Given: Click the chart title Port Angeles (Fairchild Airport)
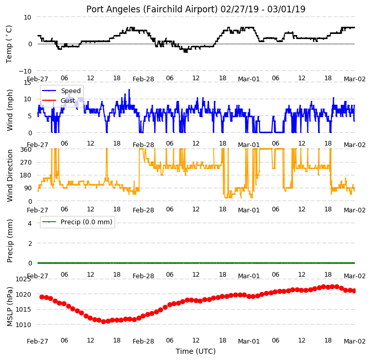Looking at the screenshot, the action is coord(152,9).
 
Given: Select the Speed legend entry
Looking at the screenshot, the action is coord(61,91).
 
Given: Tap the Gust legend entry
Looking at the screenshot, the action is coord(58,101).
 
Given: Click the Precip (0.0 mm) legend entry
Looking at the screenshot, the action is coord(77,222).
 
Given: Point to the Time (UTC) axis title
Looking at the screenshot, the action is coord(196,351).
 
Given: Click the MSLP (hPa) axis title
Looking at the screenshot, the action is coord(10,307).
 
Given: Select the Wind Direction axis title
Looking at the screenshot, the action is coord(10,175).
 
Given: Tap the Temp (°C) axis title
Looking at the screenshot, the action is coord(9,44).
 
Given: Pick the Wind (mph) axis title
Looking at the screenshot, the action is coord(10,110).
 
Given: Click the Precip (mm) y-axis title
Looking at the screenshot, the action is coord(10,241).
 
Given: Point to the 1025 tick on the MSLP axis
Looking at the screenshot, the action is coord(23,279).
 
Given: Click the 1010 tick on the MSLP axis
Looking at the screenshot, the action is coord(23,325).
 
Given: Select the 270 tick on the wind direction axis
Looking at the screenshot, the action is coord(26,162).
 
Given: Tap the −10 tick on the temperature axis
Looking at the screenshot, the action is coord(25,71).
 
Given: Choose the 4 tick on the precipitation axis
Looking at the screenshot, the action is coord(30,223).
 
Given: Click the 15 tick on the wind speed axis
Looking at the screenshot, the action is coord(27,83).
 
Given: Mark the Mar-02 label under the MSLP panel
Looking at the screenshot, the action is coord(355,341).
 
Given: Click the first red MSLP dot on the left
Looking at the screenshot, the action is coord(42,297).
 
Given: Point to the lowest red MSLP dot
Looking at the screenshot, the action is coord(103,321).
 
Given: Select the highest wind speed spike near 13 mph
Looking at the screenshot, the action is coord(129,90).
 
